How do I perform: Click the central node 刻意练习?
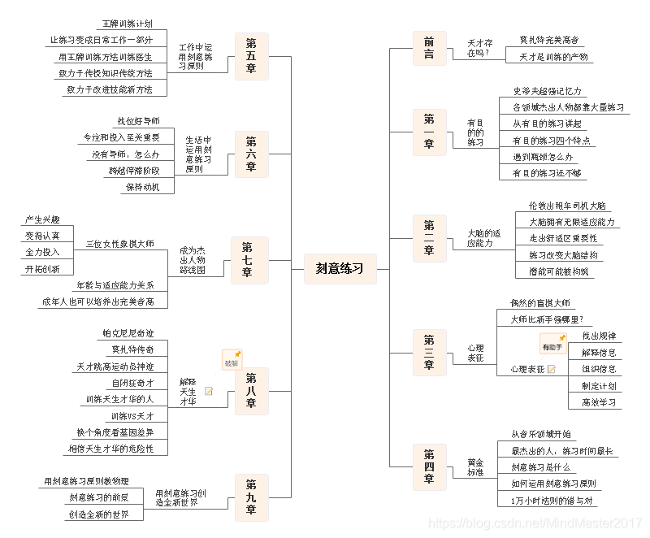pos(340,269)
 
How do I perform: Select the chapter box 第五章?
pos(251,56)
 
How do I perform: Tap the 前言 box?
pos(428,48)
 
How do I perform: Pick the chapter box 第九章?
pos(251,497)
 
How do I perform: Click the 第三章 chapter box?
pos(428,352)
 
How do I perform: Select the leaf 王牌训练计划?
pos(128,24)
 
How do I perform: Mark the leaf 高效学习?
pos(599,401)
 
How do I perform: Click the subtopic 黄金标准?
pos(475,466)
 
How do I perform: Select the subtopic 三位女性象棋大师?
pos(119,244)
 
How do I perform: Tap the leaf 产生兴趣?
pos(42,219)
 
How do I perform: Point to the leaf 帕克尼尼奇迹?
pos(128,333)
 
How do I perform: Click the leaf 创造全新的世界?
pos(99,514)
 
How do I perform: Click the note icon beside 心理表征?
pos(552,369)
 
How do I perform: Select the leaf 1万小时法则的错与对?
pos(552,499)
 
